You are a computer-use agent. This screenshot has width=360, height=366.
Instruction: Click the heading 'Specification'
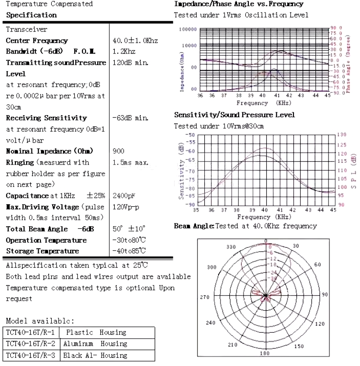click(31, 15)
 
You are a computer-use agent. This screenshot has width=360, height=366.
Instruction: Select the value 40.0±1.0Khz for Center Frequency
click(135, 41)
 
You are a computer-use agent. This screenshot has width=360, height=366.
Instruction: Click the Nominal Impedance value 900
click(118, 152)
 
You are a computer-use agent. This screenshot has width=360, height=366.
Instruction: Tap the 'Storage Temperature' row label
click(42, 251)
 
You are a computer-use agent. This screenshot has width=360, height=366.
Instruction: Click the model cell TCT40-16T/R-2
click(31, 344)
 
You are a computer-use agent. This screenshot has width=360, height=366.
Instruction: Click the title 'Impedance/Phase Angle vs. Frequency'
click(238, 4)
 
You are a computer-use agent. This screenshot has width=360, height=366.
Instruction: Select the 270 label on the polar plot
click(205, 297)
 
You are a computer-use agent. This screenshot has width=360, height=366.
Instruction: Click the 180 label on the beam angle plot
click(265, 353)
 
